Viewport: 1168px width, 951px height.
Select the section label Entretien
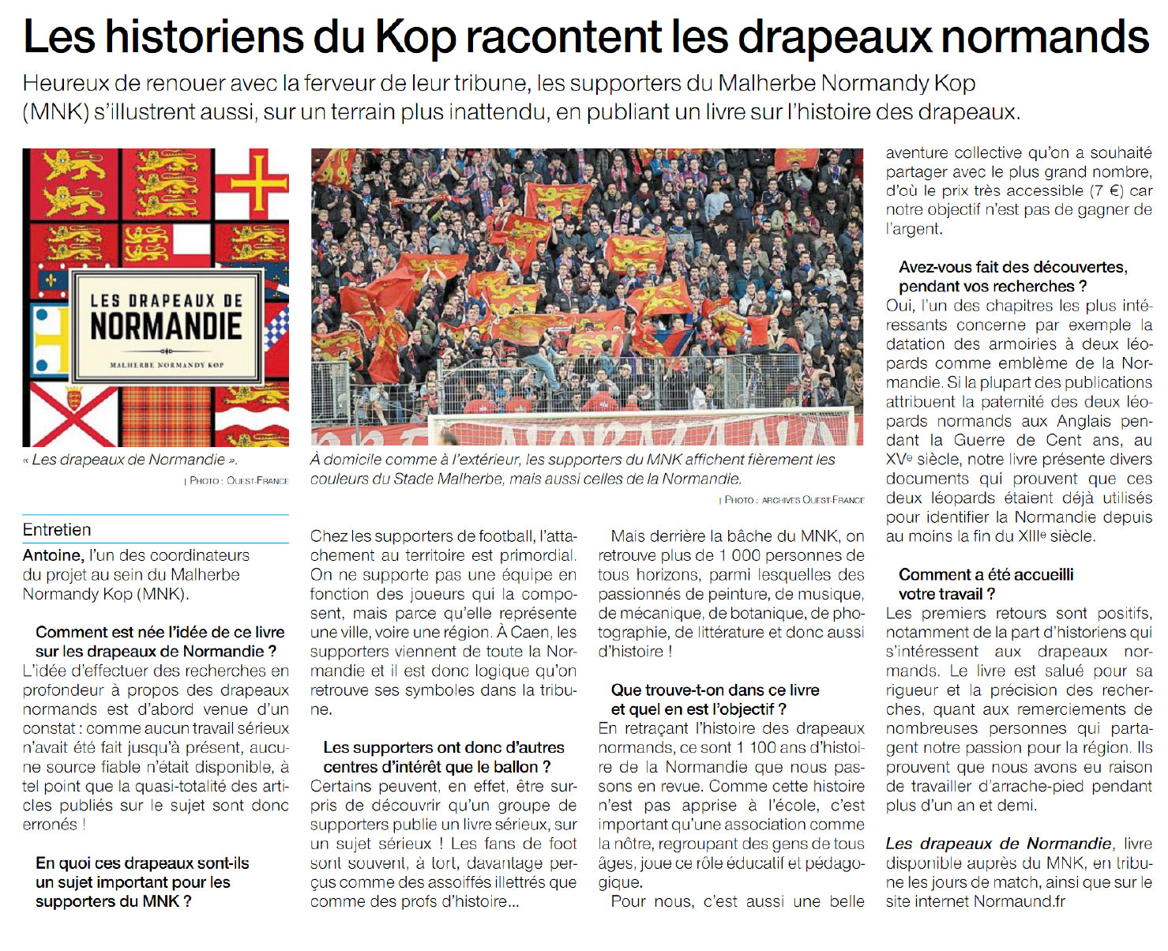coord(57,530)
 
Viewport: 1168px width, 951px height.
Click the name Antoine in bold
coord(52,555)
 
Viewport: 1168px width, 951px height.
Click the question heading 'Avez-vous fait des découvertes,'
coord(1012,267)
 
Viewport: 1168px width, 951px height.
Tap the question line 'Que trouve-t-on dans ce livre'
coord(715,690)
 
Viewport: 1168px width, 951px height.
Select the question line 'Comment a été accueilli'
coord(986,574)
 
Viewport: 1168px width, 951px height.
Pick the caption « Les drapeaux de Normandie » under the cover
coord(130,460)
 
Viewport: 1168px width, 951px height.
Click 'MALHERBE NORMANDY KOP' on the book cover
coord(166,365)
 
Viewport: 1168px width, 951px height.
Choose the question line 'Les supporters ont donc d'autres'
coord(444,747)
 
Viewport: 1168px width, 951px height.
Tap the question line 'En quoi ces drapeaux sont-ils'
coord(142,863)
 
